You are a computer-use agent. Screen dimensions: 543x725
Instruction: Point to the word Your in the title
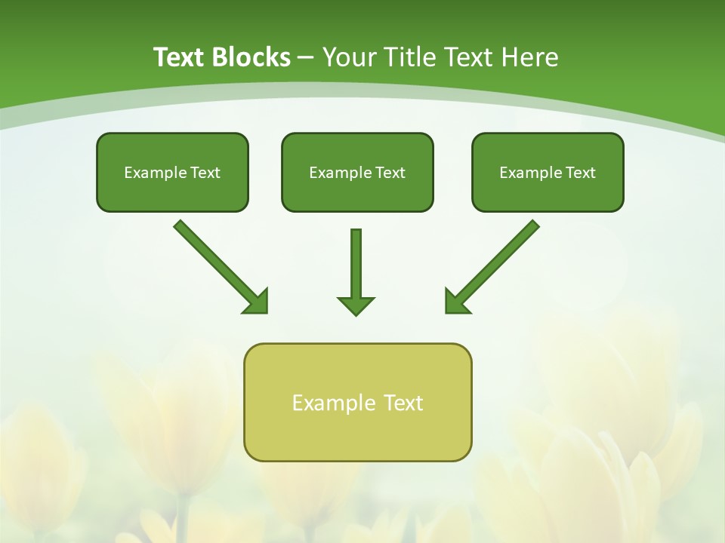pos(349,57)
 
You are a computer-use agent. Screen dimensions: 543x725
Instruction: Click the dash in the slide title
pos(306,58)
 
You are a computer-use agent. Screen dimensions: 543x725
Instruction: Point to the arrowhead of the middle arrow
pos(356,305)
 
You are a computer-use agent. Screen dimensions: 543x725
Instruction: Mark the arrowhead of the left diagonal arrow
pos(257,302)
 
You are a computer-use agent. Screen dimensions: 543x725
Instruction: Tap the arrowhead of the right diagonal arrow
pos(455,302)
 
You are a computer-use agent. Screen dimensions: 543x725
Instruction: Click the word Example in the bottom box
pos(327,403)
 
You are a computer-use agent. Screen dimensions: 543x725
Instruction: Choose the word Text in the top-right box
pos(580,173)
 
